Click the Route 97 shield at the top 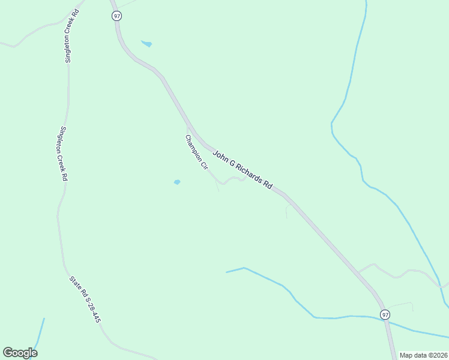coord(116,16)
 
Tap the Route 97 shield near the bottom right coord(385,314)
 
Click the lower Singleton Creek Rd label coord(62,154)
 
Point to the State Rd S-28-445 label coord(85,299)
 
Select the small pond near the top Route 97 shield coord(146,44)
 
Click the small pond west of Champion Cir coord(177,182)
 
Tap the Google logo coord(20,353)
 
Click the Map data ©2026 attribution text coord(423,355)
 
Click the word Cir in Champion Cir coord(203,165)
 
